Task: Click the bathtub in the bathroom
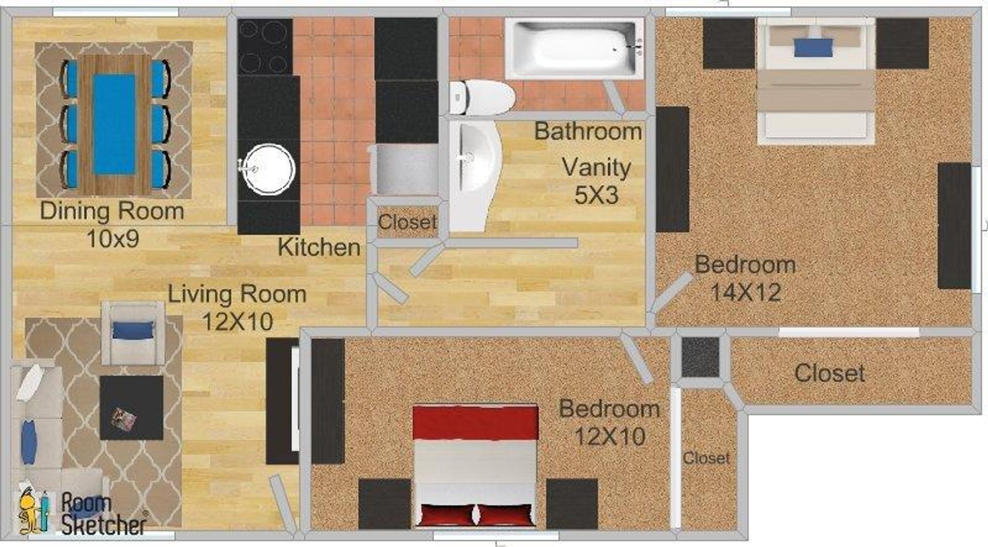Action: [x=574, y=49]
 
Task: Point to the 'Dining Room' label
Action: [x=112, y=211]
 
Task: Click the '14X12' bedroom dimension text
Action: [x=746, y=293]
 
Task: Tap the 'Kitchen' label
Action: [x=319, y=248]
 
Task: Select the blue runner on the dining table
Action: [x=114, y=124]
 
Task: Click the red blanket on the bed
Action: [x=475, y=423]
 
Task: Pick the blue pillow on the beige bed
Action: [x=813, y=48]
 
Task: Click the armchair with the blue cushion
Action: [x=133, y=333]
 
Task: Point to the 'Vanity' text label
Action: [x=596, y=167]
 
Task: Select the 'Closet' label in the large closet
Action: [x=829, y=373]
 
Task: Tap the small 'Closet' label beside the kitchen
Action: [x=407, y=222]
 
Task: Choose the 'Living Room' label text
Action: [x=237, y=294]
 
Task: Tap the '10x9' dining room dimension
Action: [x=112, y=239]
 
